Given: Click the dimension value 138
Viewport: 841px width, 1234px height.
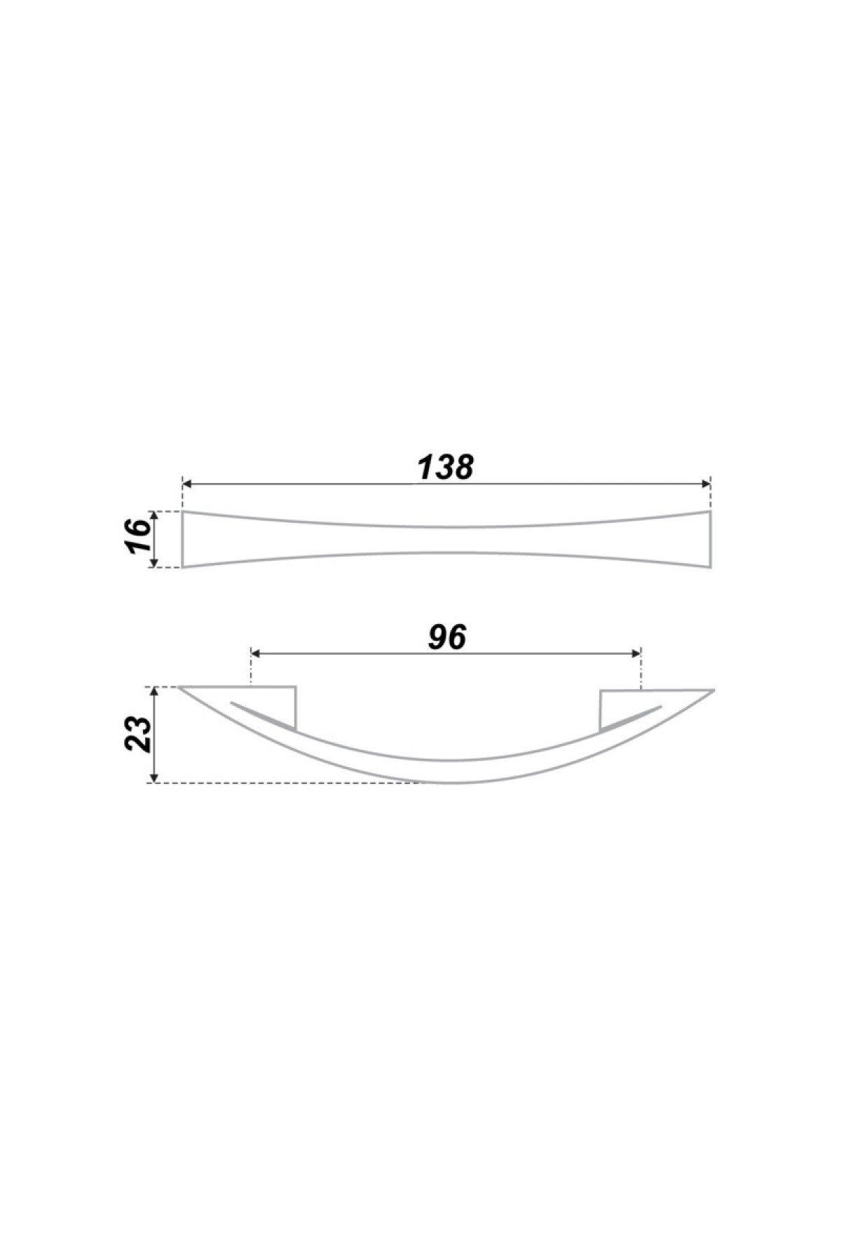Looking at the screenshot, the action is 446,467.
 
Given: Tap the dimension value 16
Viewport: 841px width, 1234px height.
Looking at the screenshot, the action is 139,538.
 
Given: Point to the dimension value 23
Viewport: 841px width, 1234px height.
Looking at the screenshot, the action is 139,735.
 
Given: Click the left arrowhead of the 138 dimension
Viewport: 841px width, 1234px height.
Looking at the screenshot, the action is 187,484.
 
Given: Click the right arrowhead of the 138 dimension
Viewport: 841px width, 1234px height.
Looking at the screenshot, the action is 706,484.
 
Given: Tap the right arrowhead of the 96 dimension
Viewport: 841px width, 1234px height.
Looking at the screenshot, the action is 636,653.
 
